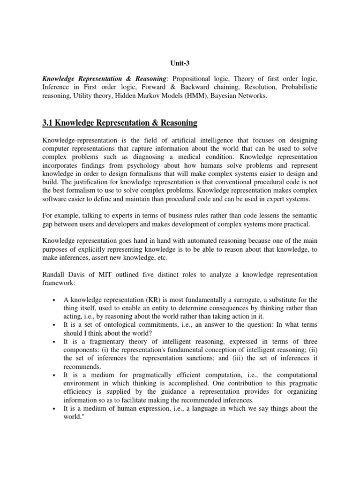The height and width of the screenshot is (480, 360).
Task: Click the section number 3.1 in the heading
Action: (x=49, y=123)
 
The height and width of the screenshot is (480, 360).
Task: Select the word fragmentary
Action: (x=102, y=342)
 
